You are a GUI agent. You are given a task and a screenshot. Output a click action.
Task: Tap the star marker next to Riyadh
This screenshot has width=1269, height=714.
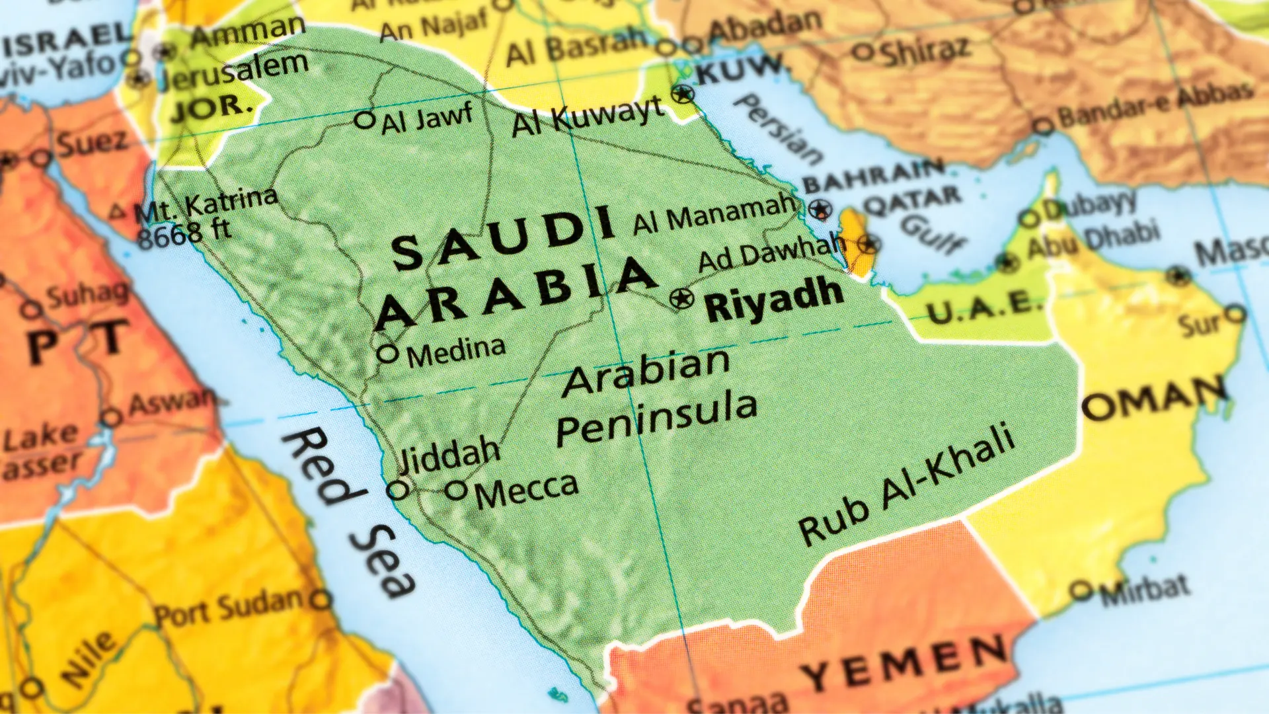click(x=681, y=299)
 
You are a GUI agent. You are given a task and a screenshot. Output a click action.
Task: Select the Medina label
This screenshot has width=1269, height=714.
click(x=456, y=352)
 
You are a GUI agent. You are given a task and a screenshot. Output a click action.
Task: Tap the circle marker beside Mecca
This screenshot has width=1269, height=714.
click(x=456, y=491)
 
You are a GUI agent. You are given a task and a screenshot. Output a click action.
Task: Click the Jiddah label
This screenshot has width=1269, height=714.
click(x=449, y=454)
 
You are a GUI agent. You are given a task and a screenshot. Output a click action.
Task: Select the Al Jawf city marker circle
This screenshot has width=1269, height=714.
click(x=364, y=120)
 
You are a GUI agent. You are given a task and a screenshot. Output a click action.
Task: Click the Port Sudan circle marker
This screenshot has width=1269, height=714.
click(x=321, y=600)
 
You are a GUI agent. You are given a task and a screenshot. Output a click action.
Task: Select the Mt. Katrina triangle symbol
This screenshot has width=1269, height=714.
click(x=117, y=212)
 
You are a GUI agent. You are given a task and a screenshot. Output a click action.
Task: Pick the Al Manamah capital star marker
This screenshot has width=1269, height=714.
click(x=820, y=210)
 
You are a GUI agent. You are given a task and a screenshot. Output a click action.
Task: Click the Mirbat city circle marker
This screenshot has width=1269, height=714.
click(x=1081, y=590)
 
